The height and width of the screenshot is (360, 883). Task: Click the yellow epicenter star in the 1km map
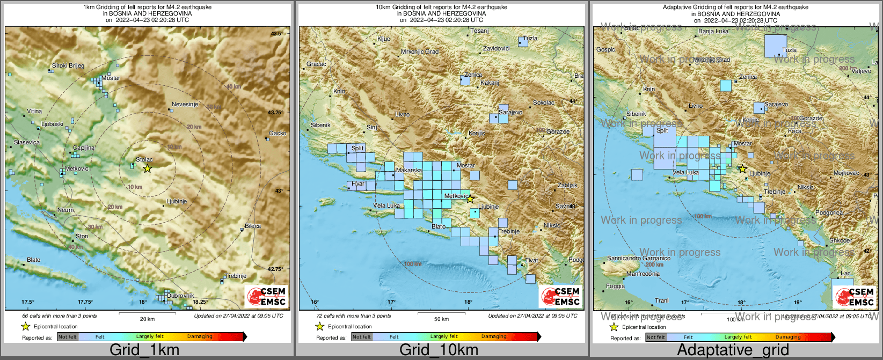click(147, 168)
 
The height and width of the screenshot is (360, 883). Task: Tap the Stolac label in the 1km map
click(144, 159)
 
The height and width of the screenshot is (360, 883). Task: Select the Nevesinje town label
click(185, 104)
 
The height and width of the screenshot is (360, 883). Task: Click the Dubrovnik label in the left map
click(180, 296)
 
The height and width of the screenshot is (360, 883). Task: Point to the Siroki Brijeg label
click(68, 65)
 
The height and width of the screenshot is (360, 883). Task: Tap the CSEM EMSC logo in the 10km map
click(560, 296)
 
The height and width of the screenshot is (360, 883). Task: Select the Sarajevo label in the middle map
click(510, 113)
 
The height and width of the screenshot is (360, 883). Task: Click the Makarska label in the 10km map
click(408, 170)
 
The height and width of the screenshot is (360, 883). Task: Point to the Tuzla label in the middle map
click(530, 39)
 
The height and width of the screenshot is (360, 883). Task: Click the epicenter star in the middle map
click(470, 199)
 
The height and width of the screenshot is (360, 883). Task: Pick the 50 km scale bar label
click(441, 319)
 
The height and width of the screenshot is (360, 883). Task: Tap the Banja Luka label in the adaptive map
click(713, 32)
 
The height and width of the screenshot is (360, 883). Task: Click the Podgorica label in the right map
click(829, 213)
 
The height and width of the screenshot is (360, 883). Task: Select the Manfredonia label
click(643, 274)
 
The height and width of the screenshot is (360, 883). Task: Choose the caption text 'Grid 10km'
click(439, 350)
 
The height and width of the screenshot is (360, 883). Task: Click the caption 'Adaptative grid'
click(733, 350)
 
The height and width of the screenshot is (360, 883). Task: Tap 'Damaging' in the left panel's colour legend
click(200, 336)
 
